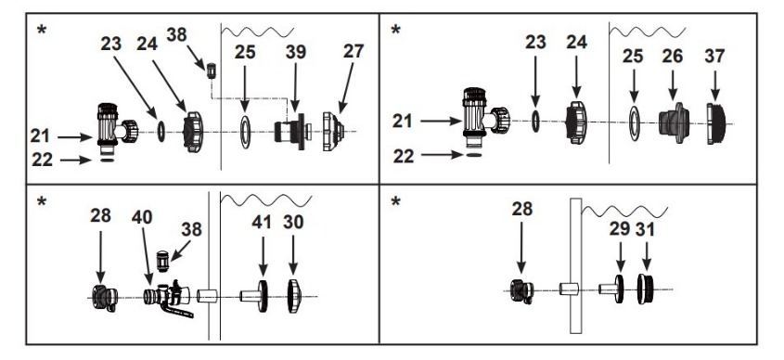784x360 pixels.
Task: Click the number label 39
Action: tap(296, 52)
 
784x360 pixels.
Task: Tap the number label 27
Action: tap(353, 51)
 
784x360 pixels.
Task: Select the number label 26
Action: tap(672, 56)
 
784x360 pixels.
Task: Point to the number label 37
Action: tap(714, 56)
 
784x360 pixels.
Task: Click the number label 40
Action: tap(142, 217)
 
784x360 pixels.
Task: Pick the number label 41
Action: tap(262, 222)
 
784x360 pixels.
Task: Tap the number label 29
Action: tap(620, 228)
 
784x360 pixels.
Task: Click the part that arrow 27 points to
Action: tap(333, 132)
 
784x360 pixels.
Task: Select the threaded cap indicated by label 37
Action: tap(715, 123)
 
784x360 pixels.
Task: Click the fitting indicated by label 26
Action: tap(674, 123)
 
